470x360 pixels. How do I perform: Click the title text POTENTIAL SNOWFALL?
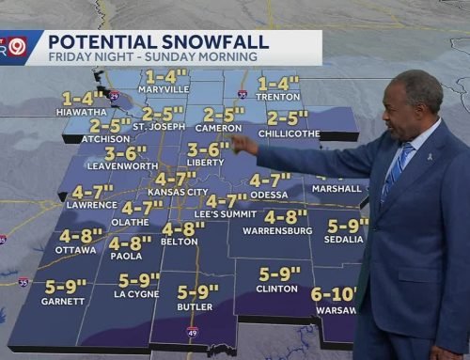158,40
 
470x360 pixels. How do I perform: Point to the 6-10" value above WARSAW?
333,294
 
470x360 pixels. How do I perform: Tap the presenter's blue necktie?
397,168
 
